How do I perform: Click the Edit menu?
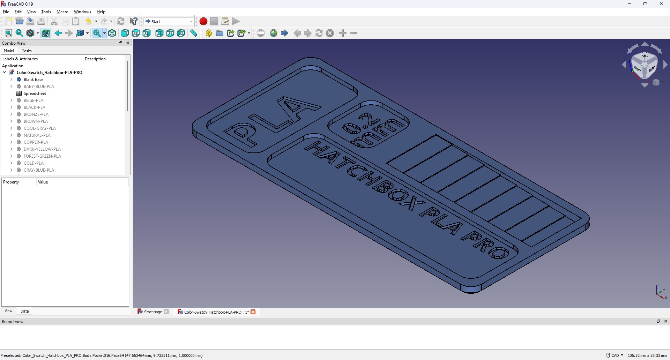18,12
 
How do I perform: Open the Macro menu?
62,12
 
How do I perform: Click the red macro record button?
203,21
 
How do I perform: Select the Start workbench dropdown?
169,21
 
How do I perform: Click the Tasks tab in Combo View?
27,51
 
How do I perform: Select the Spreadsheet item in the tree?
35,93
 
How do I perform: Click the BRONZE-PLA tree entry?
36,114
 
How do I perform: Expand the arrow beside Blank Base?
12,80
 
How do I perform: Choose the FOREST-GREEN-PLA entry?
42,156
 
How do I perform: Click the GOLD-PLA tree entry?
33,163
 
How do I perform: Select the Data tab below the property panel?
24,311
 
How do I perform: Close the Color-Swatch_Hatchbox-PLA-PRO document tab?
253,312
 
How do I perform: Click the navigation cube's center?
645,65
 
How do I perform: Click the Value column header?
43,182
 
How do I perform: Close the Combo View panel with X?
128,43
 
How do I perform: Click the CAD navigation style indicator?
615,355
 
